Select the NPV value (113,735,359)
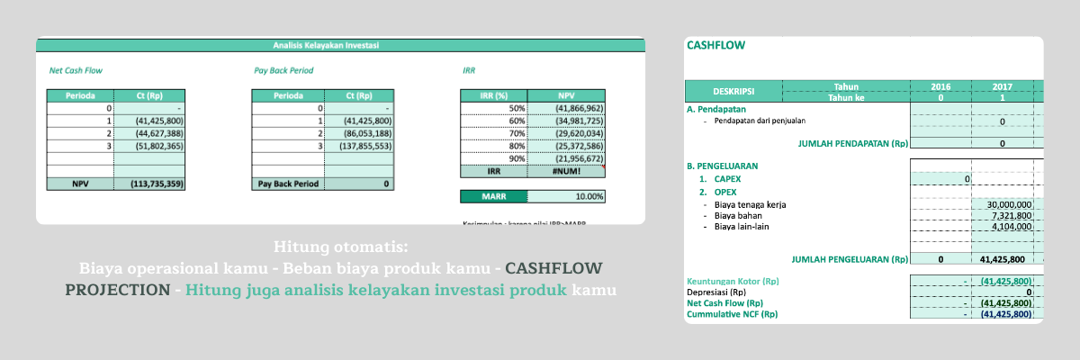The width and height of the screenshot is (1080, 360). pyautogui.click(x=157, y=183)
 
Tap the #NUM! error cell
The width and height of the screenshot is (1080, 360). pyautogui.click(x=566, y=171)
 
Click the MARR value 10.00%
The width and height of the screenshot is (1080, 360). pyautogui.click(x=566, y=196)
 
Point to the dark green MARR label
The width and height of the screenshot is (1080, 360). pyautogui.click(x=493, y=196)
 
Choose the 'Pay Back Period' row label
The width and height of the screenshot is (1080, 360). pyautogui.click(x=287, y=183)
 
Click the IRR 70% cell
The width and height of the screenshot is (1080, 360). pyautogui.click(x=493, y=132)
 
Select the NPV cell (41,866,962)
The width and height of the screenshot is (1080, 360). pyautogui.click(x=566, y=108)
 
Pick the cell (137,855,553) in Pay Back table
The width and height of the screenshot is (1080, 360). pyautogui.click(x=364, y=145)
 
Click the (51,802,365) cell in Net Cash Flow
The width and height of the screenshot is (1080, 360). pyautogui.click(x=157, y=145)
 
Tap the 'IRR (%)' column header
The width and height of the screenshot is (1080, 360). pyautogui.click(x=493, y=95)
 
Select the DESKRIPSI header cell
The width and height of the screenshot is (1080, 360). pyautogui.click(x=733, y=92)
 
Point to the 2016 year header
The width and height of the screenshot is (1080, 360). pyautogui.click(x=940, y=86)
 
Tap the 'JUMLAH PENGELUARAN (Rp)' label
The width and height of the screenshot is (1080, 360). pyautogui.click(x=850, y=259)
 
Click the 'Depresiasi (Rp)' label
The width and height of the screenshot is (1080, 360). pyautogui.click(x=715, y=292)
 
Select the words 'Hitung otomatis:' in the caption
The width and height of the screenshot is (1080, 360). pyautogui.click(x=339, y=247)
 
